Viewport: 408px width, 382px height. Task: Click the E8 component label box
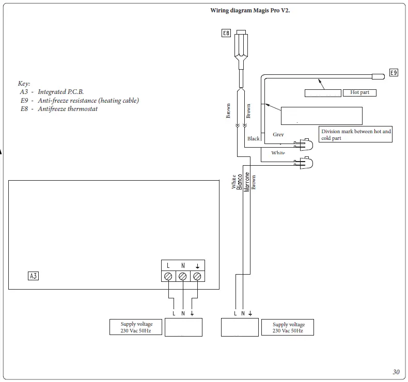pos(226,34)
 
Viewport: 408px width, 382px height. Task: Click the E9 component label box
pos(394,73)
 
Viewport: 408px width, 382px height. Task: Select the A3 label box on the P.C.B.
pos(33,276)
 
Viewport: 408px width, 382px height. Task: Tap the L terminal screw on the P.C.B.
pos(168,277)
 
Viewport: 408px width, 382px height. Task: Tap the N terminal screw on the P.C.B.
pos(182,277)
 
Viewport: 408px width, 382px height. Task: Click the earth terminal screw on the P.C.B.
pos(197,277)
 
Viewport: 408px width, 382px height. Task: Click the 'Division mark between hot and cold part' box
pos(356,135)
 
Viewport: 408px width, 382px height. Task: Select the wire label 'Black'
pos(254,139)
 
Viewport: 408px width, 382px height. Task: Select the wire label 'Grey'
pos(278,135)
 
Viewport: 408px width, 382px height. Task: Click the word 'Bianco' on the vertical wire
pos(240,182)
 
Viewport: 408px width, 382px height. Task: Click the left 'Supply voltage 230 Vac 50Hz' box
pos(136,327)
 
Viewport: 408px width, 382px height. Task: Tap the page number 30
pos(396,372)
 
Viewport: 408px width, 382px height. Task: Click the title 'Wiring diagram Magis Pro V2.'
pos(250,10)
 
